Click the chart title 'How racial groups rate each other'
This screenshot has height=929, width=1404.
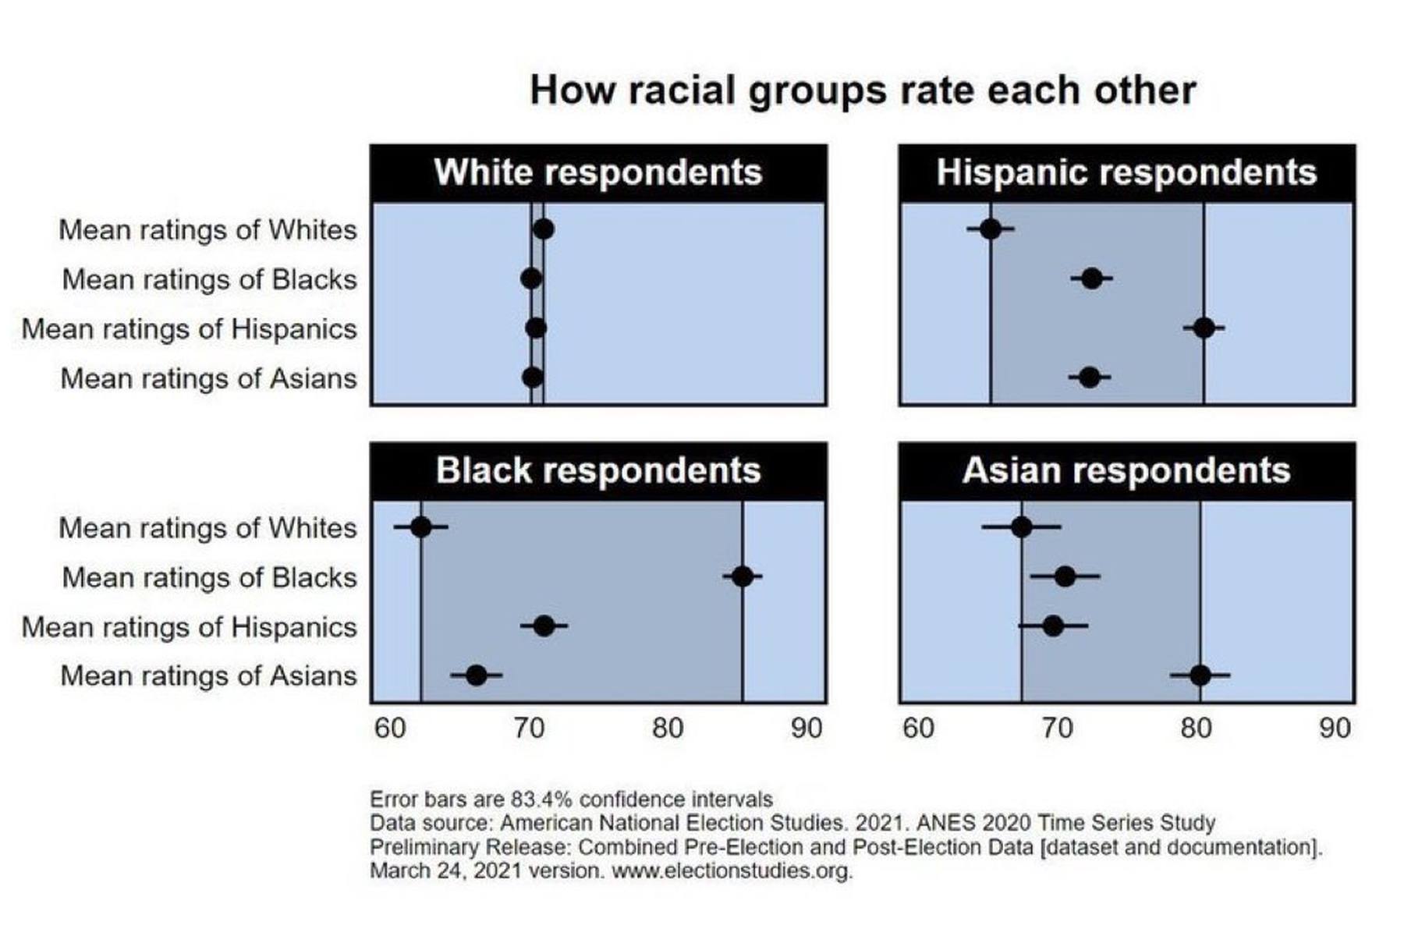click(862, 90)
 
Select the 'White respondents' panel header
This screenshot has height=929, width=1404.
click(597, 172)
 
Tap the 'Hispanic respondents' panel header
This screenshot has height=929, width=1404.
click(1126, 172)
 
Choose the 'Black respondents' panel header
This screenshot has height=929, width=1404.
click(597, 471)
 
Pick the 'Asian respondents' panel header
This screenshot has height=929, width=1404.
click(1126, 471)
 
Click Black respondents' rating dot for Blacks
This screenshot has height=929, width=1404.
click(743, 577)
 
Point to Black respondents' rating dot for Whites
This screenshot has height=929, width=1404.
click(420, 527)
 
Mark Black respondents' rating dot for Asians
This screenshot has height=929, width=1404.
click(476, 675)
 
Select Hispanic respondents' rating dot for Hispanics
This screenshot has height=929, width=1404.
click(1204, 328)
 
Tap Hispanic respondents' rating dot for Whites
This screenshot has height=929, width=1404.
click(991, 229)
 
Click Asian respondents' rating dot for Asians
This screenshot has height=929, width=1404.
click(1200, 675)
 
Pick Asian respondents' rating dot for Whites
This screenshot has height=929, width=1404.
click(1021, 527)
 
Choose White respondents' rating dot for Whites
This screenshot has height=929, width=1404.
click(544, 229)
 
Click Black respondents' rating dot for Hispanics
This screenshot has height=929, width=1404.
click(544, 626)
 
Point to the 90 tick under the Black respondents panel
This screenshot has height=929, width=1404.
click(806, 729)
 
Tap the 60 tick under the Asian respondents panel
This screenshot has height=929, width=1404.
click(918, 729)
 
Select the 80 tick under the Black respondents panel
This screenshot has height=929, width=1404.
click(668, 729)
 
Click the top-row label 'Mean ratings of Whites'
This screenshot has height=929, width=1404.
click(207, 230)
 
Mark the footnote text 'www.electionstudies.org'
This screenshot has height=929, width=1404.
click(732, 870)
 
